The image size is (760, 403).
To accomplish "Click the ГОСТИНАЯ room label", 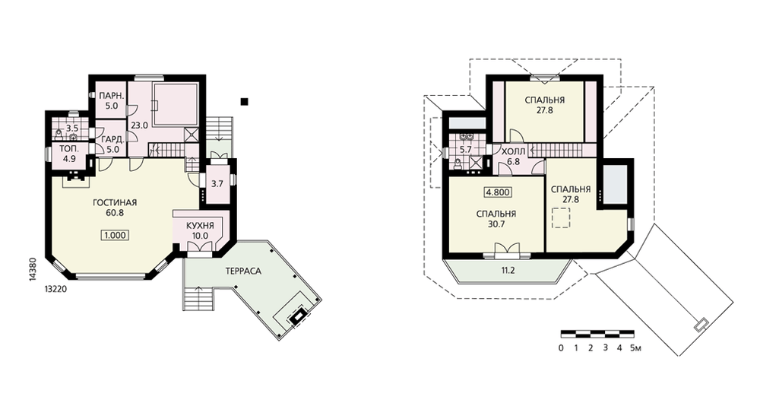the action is coord(115,203).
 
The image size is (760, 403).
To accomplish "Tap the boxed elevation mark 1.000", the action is coord(116,236).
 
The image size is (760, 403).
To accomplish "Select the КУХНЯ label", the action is coord(200,226).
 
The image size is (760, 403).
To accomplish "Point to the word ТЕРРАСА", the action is coord(243,271).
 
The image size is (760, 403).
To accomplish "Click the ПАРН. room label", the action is coord(112,96).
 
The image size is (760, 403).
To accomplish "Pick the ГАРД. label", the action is coord(113,140).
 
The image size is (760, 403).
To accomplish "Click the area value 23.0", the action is coord(139,125).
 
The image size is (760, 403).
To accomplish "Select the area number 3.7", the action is coord(217,184).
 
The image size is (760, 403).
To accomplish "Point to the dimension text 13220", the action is coord(55,289).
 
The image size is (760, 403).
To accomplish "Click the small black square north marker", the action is coord(245,101).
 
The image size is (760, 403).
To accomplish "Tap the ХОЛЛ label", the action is coord(513,152).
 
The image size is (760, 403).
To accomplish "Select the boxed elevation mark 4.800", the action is coord(498,192).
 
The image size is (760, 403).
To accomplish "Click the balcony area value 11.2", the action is coord(508,271).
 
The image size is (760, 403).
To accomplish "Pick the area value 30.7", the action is coord(496,224).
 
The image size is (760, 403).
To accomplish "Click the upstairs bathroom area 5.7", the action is coord(465,150).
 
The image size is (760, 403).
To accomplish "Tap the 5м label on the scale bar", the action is coord(635,347).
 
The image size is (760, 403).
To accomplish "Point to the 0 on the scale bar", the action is coord(562,347).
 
